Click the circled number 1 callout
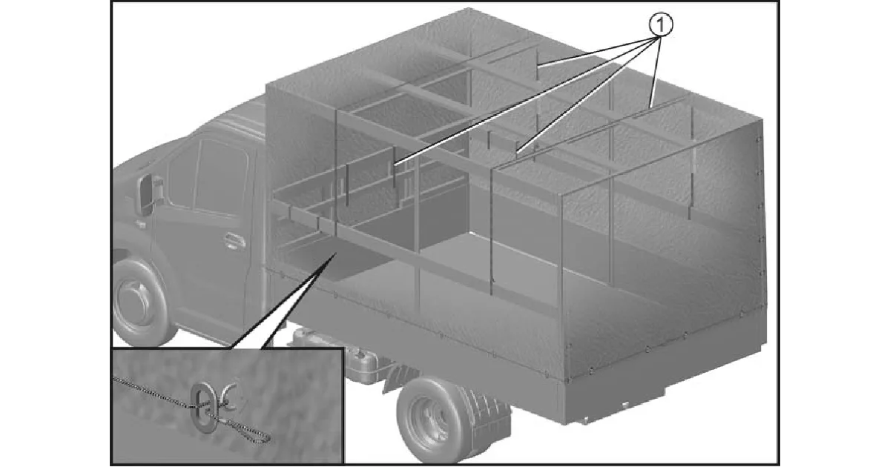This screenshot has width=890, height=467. pos(660,24)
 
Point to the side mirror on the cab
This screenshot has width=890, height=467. pos(145,194)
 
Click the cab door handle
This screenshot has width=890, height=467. pos(234,241)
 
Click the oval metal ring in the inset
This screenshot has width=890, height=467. pos(203,405)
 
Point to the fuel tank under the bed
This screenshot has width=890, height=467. pos(360,362)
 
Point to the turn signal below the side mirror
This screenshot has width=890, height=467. pos(140,225)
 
